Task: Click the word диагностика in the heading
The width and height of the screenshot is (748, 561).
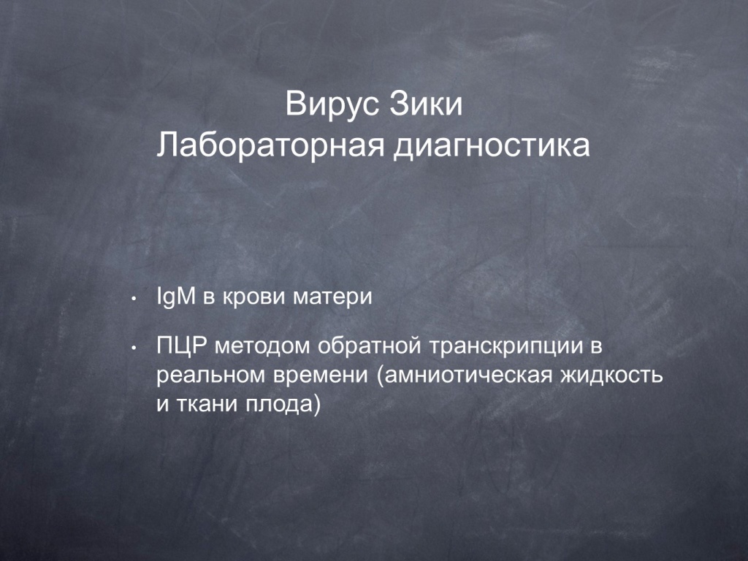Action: [492, 145]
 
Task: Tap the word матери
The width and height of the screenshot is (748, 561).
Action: [332, 298]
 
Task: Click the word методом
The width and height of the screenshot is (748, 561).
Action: [262, 347]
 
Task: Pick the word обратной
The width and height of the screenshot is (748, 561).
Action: [369, 346]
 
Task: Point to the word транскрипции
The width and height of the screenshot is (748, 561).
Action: [507, 347]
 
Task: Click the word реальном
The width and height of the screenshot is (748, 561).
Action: [210, 375]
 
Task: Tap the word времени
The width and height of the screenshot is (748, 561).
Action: [321, 375]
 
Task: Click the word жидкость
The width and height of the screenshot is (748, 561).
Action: [611, 375]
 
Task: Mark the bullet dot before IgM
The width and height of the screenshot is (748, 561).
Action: [134, 299]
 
